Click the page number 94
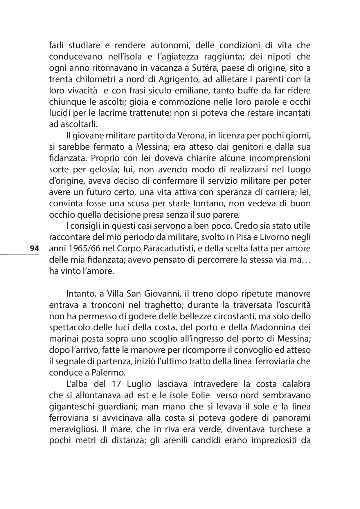click(34, 248)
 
